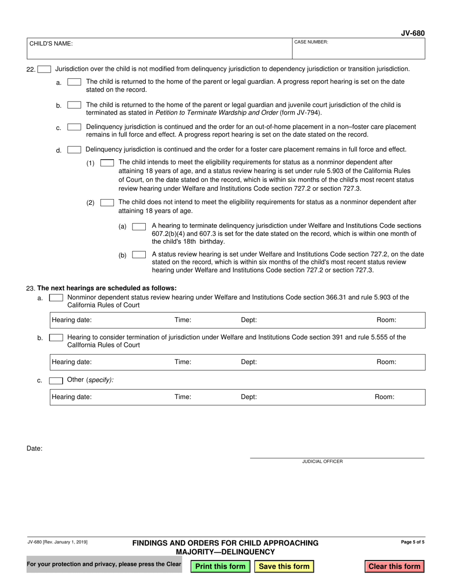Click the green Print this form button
[220, 566]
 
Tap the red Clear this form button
[395, 566]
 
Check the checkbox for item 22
[44, 69]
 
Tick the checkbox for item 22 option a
[74, 82]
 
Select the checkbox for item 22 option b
[74, 105]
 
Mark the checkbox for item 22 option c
[74, 127]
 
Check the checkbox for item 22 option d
[74, 150]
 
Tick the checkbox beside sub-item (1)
[107, 163]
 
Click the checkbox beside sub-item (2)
[107, 202]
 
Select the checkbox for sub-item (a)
[139, 227]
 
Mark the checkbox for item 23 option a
[56, 298]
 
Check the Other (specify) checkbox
[56, 380]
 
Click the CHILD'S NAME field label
[51, 44]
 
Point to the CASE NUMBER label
[311, 42]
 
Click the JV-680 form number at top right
[413, 33]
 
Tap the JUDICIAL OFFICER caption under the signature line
[322, 461]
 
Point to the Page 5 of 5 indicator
[413, 542]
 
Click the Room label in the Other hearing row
[385, 397]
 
